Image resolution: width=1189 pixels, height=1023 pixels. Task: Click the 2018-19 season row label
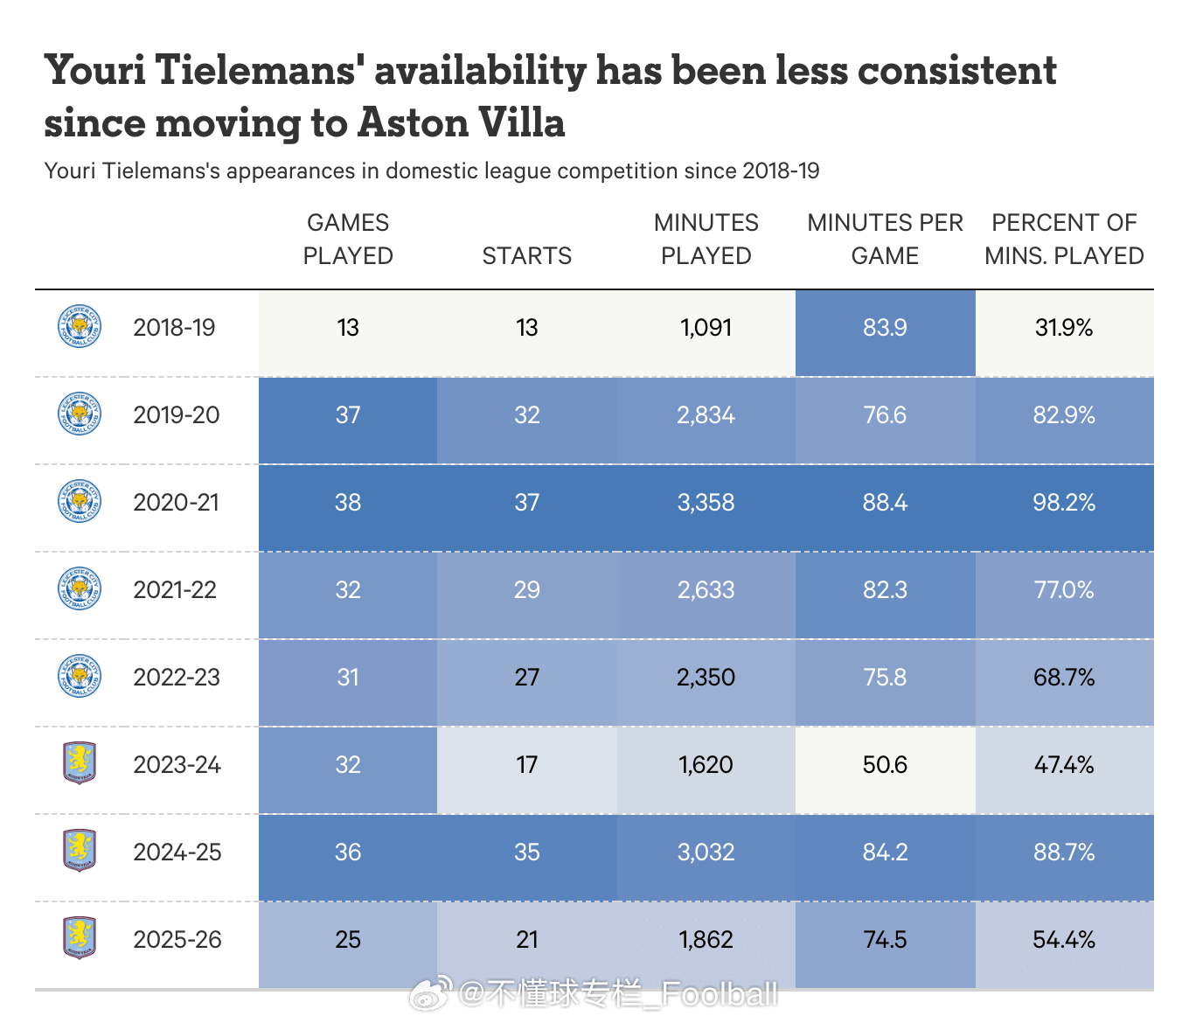pyautogui.click(x=174, y=328)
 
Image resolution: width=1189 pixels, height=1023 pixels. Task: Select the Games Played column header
pyautogui.click(x=348, y=240)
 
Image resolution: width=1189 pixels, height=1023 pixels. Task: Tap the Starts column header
pyautogui.click(x=527, y=256)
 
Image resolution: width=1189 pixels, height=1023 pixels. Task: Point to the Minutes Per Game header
pyautogui.click(x=885, y=240)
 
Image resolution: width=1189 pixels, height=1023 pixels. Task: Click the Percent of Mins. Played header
pyautogui.click(x=1064, y=240)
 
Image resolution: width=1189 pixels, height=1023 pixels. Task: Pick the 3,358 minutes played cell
pyautogui.click(x=706, y=503)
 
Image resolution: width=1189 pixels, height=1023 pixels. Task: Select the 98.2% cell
pyautogui.click(x=1064, y=503)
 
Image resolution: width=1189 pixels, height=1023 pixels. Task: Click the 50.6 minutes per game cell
pyautogui.click(x=885, y=765)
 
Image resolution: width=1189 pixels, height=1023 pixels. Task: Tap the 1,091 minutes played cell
pyautogui.click(x=706, y=328)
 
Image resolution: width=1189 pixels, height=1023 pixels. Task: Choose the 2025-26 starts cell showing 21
pyautogui.click(x=527, y=940)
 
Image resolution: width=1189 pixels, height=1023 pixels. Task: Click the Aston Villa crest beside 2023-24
pyautogui.click(x=80, y=763)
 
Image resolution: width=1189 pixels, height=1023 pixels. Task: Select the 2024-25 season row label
pyautogui.click(x=177, y=852)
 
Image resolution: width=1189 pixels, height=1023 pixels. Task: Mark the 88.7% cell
pyautogui.click(x=1064, y=852)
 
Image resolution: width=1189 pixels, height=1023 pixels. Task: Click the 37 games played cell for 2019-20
pyautogui.click(x=348, y=415)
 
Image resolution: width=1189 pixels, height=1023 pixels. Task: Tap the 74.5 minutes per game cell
pyautogui.click(x=885, y=940)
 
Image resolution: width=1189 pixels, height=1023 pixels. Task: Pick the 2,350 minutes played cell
pyautogui.click(x=706, y=678)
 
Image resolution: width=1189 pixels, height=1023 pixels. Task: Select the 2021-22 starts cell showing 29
pyautogui.click(x=527, y=590)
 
